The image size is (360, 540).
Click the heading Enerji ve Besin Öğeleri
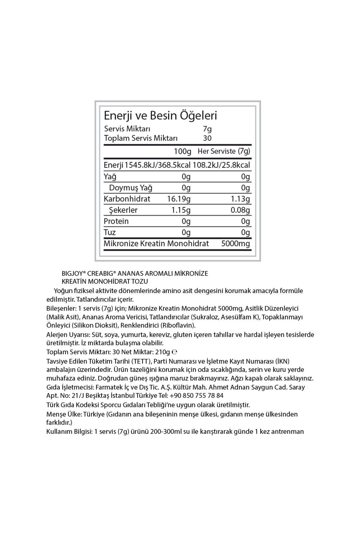tap(160, 115)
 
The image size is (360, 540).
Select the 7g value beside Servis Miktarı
tap(207, 129)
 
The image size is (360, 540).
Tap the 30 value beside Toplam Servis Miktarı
tap(207, 138)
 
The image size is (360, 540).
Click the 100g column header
tap(182, 151)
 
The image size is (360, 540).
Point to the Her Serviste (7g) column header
tap(224, 151)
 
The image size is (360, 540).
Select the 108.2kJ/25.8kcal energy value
tap(221, 165)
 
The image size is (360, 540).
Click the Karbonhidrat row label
tap(127, 199)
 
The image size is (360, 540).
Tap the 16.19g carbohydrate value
tap(179, 199)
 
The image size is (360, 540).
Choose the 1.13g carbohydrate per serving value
tap(241, 199)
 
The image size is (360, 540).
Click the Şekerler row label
tap(123, 210)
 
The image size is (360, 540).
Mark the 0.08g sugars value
tap(240, 210)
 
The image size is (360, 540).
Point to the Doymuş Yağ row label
tap(130, 188)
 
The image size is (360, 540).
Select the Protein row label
tap(116, 221)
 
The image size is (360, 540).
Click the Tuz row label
tap(109, 232)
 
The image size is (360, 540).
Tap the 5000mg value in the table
tap(235, 244)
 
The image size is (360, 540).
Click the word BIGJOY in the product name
tap(72, 274)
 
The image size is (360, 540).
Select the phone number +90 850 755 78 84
tap(196, 396)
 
